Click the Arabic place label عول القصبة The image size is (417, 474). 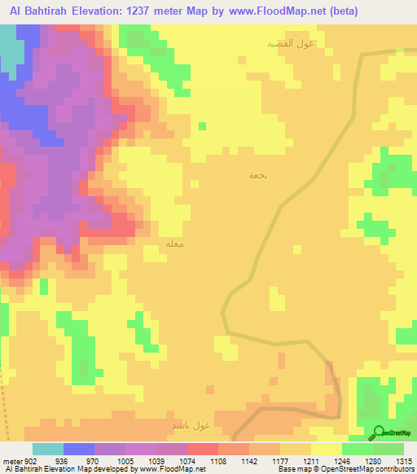coord(292,43)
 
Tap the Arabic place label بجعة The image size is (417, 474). coord(257,175)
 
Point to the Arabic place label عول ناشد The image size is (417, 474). coord(191,425)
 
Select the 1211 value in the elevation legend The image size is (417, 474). coord(310,461)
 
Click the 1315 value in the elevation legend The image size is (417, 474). coord(404,461)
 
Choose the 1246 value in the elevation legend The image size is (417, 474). coord(341,461)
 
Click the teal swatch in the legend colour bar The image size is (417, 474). coord(48,449)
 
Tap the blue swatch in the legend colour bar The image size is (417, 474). coord(79,449)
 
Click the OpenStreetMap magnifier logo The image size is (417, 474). coord(377,432)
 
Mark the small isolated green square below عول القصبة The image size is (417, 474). coord(202,125)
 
